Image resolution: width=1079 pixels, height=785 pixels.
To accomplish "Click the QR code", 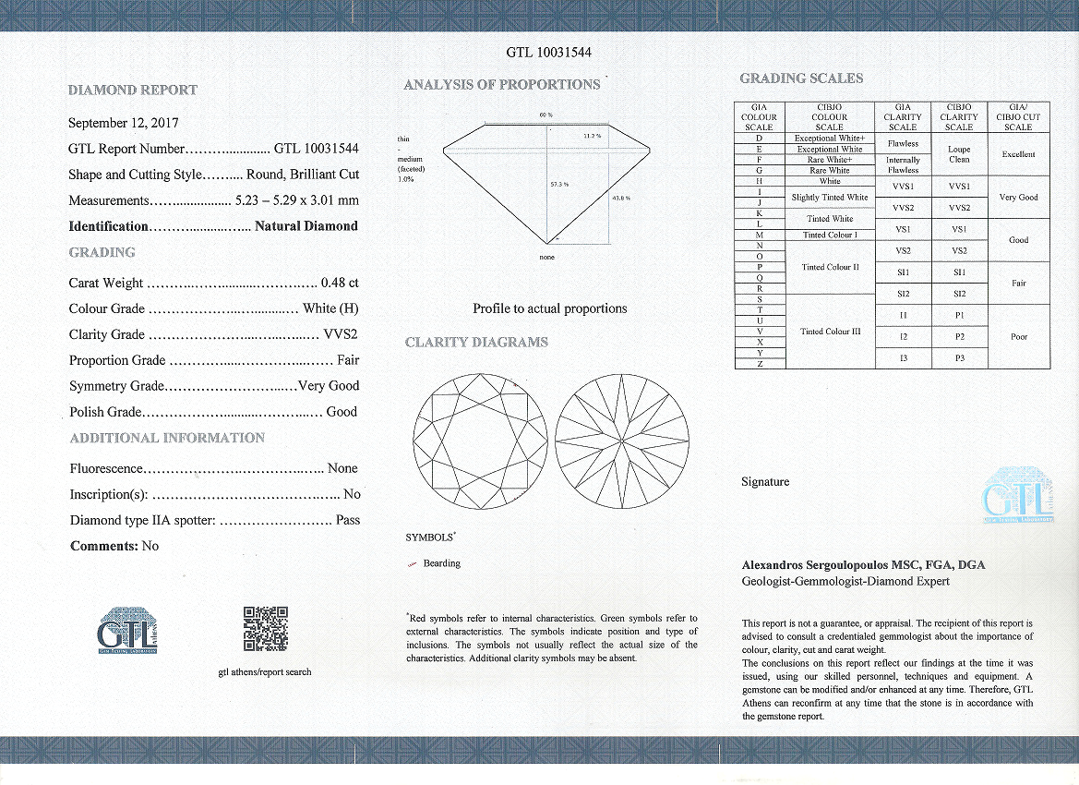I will tap(265, 629).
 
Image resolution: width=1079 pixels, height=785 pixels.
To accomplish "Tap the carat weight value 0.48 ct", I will tap(339, 284).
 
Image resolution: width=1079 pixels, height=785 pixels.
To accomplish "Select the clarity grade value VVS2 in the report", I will tap(341, 334).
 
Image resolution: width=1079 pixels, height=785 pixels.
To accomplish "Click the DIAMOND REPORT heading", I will tap(133, 91).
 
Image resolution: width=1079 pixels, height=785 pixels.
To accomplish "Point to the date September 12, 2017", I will tap(124, 123).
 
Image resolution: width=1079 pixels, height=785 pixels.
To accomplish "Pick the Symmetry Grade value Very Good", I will tap(329, 386).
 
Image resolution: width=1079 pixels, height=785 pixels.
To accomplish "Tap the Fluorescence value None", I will tap(342, 468).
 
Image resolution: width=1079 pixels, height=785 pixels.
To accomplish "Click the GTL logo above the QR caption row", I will tap(126, 630).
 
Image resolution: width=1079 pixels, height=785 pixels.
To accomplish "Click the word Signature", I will tap(765, 482).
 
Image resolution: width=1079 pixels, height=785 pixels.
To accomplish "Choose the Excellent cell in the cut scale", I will tap(1018, 154).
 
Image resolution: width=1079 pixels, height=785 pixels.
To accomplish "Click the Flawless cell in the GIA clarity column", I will tap(903, 144).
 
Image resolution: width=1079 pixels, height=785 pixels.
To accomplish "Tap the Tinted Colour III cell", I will tap(829, 332).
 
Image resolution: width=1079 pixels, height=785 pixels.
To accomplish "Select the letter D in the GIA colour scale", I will tap(759, 138).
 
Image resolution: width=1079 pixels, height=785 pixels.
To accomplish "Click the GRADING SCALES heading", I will tap(801, 78).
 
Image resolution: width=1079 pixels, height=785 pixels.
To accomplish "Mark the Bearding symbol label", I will tap(441, 563).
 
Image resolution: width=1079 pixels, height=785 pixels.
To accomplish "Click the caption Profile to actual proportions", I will tap(549, 308).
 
